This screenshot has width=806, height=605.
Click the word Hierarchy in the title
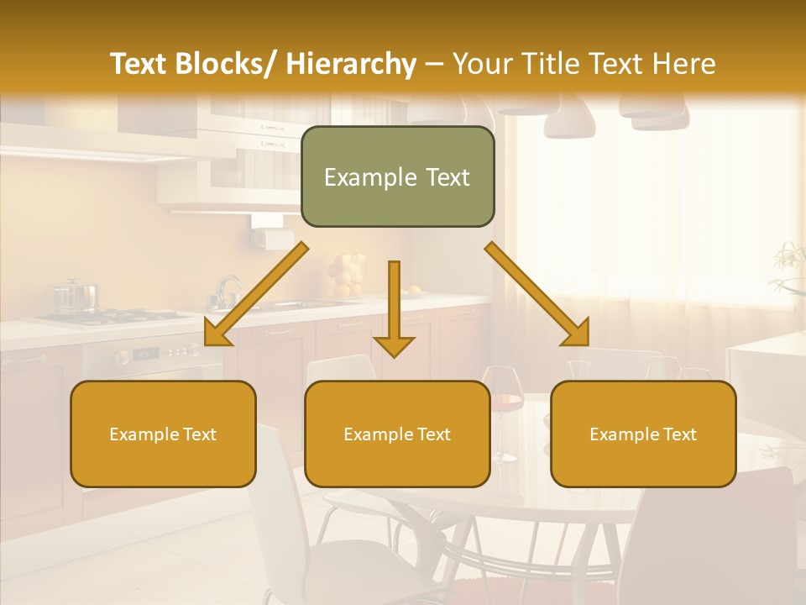click(351, 64)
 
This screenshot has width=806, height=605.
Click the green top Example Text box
click(397, 176)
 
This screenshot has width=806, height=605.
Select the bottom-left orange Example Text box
click(163, 434)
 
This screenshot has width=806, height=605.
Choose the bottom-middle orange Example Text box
click(397, 434)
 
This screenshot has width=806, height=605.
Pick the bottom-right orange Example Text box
click(643, 434)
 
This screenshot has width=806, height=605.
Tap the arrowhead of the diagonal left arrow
click(216, 334)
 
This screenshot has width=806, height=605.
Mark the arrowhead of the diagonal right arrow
click(576, 334)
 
